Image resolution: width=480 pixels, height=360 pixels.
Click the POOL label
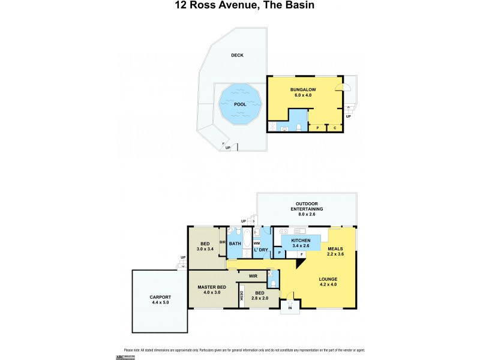[x=241, y=104]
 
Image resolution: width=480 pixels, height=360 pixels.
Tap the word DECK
[x=238, y=55]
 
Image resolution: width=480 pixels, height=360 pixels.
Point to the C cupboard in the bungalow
[x=334, y=128]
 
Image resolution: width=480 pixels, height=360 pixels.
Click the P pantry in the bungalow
[x=317, y=128]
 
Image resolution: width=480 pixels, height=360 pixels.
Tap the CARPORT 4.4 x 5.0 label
[x=160, y=300]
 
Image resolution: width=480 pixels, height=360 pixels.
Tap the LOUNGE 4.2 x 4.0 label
[x=328, y=281]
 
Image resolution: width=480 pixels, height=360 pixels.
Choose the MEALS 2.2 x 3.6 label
[x=336, y=250]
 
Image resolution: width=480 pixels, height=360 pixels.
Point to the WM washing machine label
[x=256, y=242]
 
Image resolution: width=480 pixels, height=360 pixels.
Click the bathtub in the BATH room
[x=244, y=240]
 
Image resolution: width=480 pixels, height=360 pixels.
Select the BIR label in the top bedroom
[x=223, y=242]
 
